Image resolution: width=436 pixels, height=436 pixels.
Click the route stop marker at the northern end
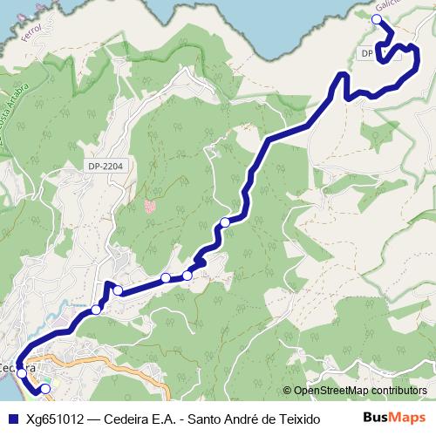[377, 19]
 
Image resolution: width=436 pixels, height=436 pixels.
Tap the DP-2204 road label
[106, 166]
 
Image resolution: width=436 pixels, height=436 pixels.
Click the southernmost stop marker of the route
[45, 389]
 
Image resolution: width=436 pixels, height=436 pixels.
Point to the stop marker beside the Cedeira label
[22, 372]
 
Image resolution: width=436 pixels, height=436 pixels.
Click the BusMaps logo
[394, 419]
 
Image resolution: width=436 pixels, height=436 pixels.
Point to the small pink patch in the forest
[150, 207]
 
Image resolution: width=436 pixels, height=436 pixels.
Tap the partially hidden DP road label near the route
[366, 54]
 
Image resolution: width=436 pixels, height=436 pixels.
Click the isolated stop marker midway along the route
[225, 222]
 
